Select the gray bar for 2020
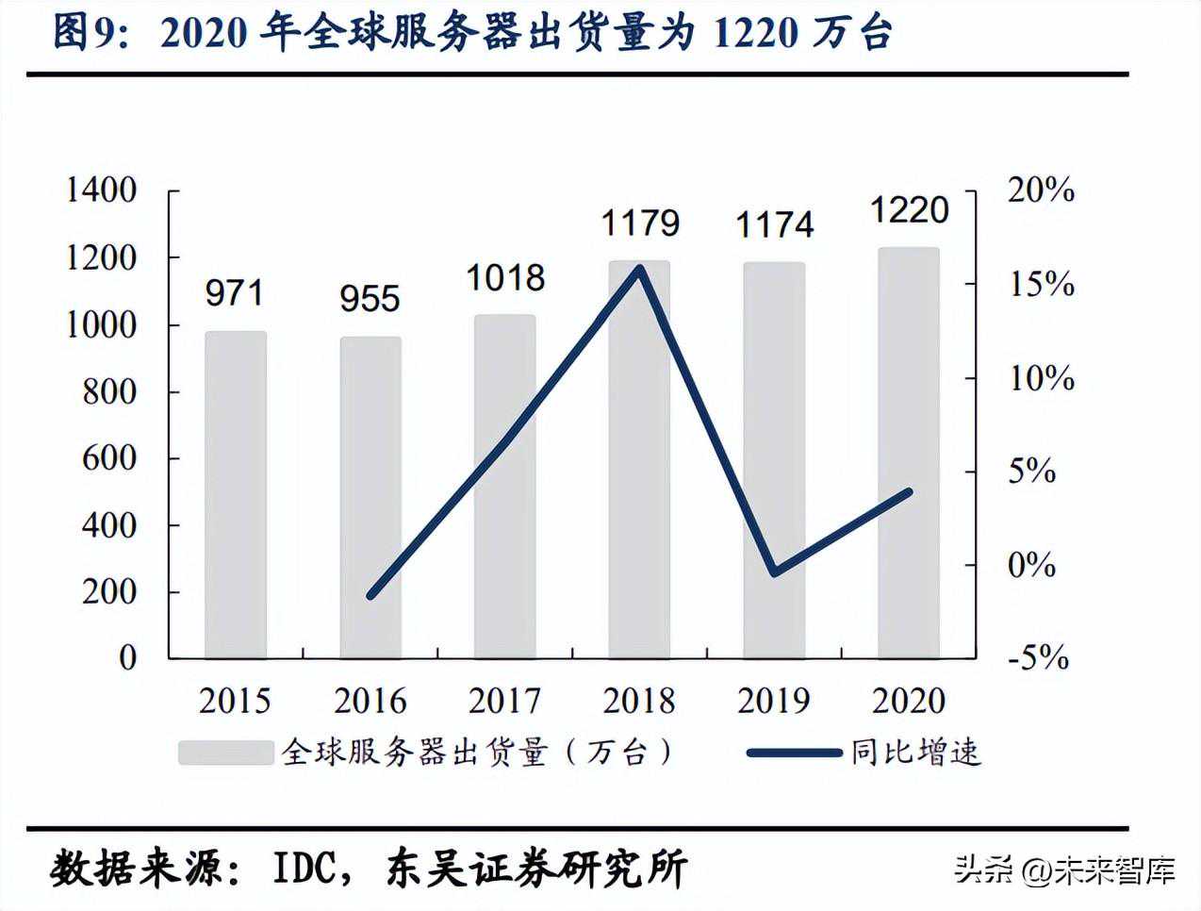pyautogui.click(x=909, y=453)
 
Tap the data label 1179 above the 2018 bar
pyautogui.click(x=640, y=224)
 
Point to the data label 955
pyautogui.click(x=370, y=299)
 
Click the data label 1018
pyautogui.click(x=505, y=278)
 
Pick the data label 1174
pyautogui.click(x=774, y=225)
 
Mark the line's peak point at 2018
pyautogui.click(x=640, y=269)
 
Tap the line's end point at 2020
pyautogui.click(x=908, y=492)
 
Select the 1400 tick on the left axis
pyautogui.click(x=102, y=190)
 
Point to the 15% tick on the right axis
pyautogui.click(x=1042, y=284)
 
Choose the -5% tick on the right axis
pyautogui.click(x=1038, y=657)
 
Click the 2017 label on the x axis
pyautogui.click(x=505, y=701)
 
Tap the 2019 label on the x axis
pyautogui.click(x=774, y=701)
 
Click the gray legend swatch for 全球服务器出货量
pyautogui.click(x=224, y=752)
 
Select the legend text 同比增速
pyautogui.click(x=915, y=752)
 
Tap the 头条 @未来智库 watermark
pyautogui.click(x=1064, y=869)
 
